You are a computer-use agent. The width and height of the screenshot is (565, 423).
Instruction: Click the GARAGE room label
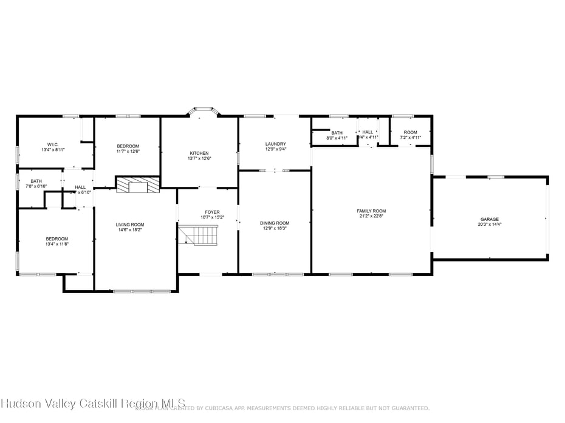490,219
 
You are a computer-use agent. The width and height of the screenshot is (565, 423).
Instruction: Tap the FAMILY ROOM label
371,211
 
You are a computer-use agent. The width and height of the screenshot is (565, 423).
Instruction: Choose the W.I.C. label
53,144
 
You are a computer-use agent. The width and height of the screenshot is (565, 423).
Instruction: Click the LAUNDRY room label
275,144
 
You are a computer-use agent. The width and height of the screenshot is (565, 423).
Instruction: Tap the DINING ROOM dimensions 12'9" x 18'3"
275,228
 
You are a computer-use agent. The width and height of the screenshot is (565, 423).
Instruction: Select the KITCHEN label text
199,153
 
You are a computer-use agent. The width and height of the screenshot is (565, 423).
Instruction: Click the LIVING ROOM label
130,225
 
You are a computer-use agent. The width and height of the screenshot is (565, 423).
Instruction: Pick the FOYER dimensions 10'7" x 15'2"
212,217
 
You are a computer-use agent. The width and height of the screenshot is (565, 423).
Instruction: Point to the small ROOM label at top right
411,132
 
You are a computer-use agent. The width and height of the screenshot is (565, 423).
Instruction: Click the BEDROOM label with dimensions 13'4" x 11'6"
56,239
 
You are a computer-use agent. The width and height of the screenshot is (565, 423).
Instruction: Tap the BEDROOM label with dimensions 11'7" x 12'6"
128,146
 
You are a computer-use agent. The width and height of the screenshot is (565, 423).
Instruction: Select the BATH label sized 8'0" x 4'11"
337,133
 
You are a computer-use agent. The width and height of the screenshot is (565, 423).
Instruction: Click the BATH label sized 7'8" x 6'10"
36,181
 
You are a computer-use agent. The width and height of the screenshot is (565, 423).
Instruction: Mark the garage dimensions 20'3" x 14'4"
490,224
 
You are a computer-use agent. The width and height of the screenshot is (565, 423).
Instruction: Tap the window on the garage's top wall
496,177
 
